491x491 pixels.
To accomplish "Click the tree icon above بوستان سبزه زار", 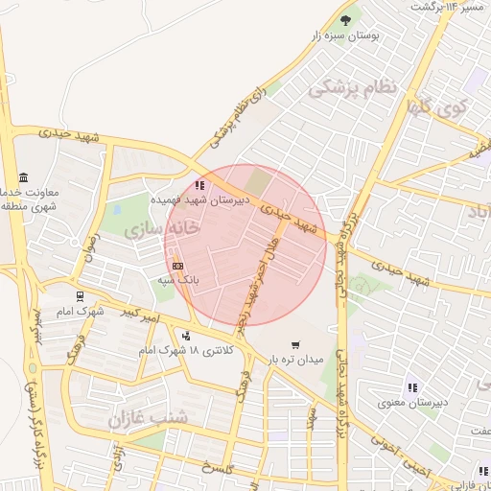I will click(346, 18).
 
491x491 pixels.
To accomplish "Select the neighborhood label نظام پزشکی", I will click(352, 87).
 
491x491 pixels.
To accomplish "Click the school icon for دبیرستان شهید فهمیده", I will click(199, 186).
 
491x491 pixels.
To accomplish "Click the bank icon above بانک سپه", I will click(177, 266).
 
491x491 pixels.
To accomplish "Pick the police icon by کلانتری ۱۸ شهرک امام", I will click(186, 336).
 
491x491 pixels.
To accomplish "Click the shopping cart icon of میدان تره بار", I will click(294, 345).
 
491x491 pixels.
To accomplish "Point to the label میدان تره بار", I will click(297, 361).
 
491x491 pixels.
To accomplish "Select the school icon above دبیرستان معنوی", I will click(412, 387).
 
